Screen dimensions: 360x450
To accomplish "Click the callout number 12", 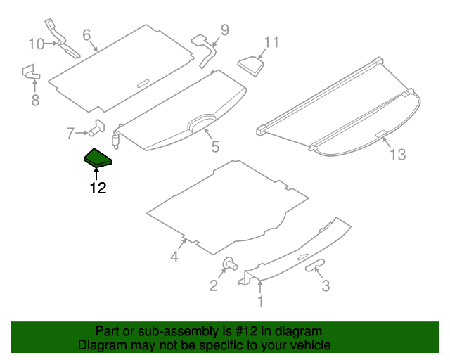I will click(98, 188).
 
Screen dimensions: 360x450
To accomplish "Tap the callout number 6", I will click(87, 34).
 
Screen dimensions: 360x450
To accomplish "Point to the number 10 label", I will click(36, 44).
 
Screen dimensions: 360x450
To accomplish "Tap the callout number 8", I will click(35, 101).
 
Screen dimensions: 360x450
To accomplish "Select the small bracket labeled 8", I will click(31, 72).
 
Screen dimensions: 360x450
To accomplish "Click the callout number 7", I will click(70, 132).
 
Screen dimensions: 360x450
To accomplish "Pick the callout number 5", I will click(215, 147).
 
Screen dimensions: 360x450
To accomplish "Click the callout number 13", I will click(398, 155).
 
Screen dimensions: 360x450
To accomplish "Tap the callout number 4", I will click(174, 257).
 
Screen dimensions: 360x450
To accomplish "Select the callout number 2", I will click(213, 285).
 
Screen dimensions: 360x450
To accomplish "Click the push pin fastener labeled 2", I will click(229, 265).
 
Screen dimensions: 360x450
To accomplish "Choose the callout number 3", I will click(326, 285).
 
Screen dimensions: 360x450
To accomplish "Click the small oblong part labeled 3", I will click(316, 264).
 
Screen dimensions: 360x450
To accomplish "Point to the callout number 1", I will click(260, 302).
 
